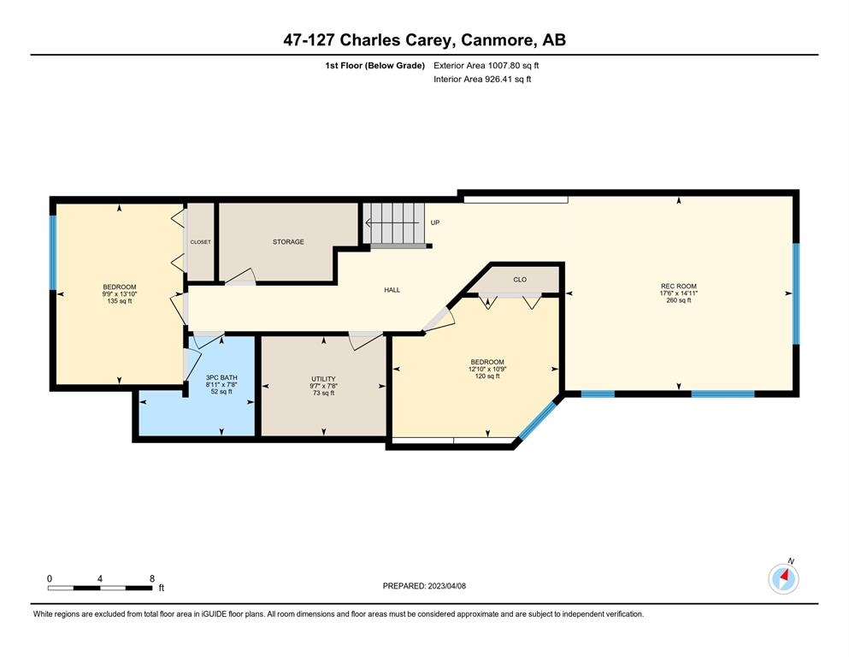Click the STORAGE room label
[x=288, y=241]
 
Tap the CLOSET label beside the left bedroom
[x=200, y=242]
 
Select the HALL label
[x=392, y=290]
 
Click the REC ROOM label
[x=679, y=286]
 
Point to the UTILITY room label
[x=323, y=379]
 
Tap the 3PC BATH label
[x=221, y=377]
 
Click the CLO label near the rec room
[x=520, y=280]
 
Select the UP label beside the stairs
[x=435, y=222]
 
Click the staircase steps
[x=393, y=223]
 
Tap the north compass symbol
[x=783, y=578]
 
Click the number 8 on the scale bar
[x=152, y=578]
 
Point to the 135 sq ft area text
[x=119, y=301]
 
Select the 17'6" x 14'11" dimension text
[x=679, y=293]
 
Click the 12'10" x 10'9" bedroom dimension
[x=487, y=369]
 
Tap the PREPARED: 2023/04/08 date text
[x=424, y=585]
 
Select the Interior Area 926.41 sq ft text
[x=482, y=79]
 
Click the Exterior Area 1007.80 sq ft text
[x=486, y=66]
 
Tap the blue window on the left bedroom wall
[x=53, y=253]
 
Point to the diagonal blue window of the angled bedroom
[x=538, y=420]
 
